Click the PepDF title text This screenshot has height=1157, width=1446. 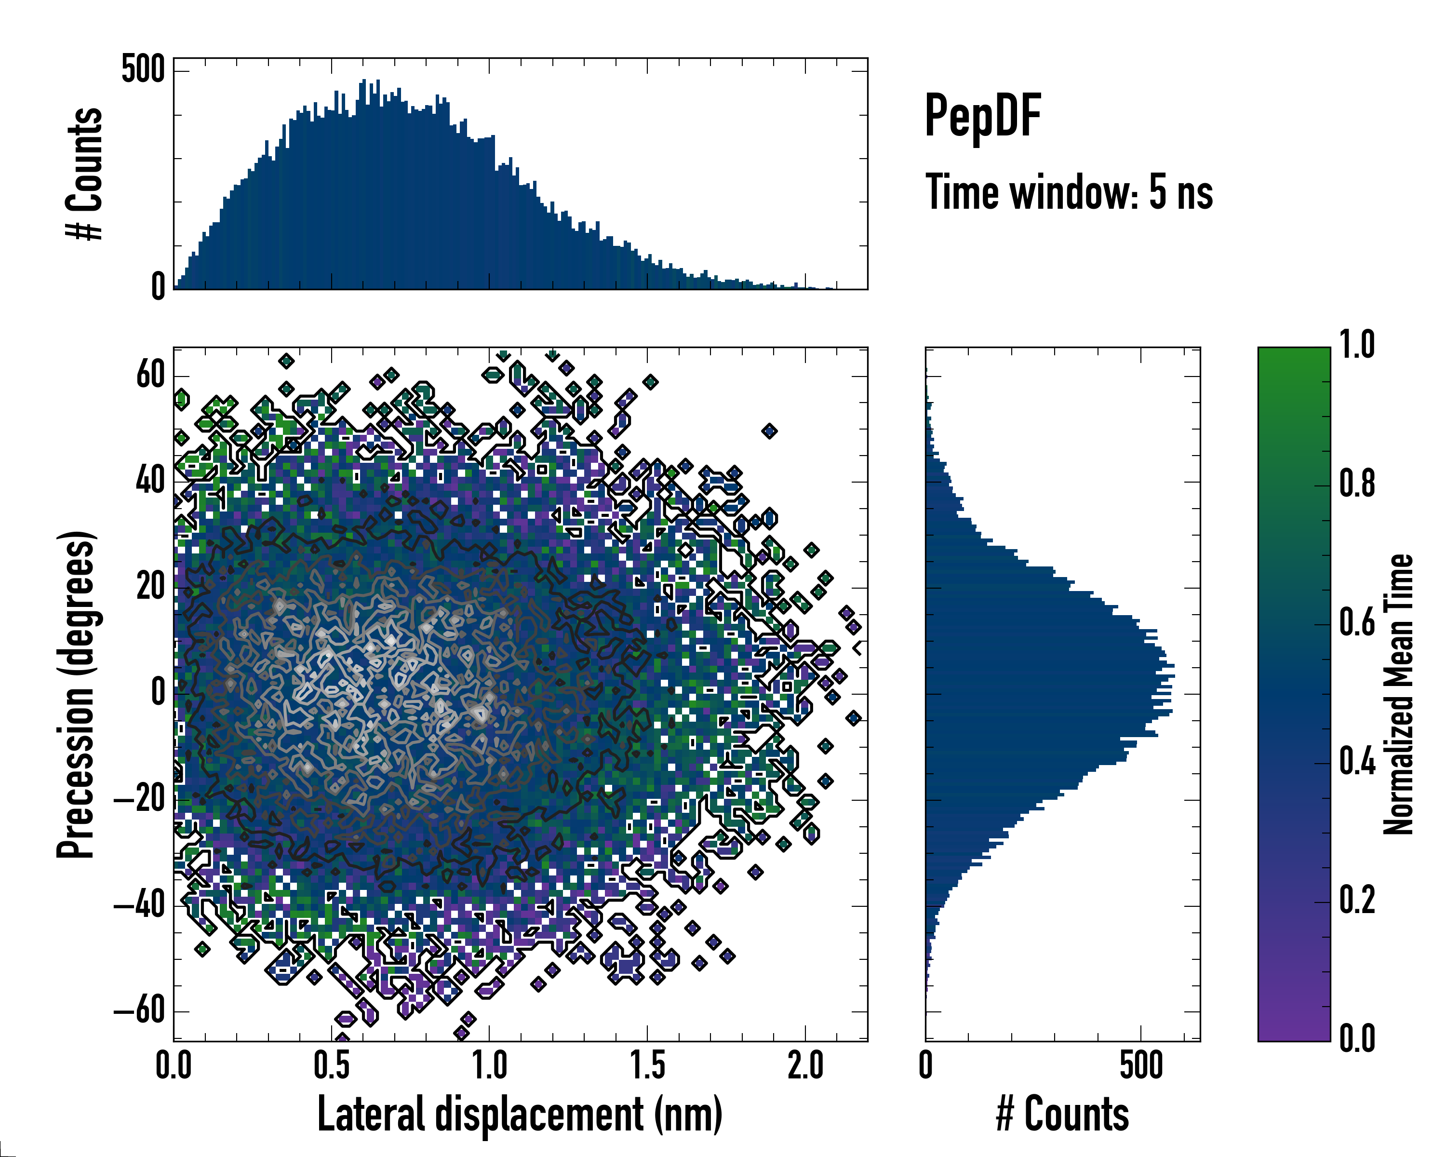click(982, 117)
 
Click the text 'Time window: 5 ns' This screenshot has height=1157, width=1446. click(1069, 192)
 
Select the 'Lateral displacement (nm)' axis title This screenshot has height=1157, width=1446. click(520, 1114)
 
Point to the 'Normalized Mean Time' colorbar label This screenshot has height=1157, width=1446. click(1398, 694)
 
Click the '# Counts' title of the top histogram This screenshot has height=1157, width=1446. click(84, 174)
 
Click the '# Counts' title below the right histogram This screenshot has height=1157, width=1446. click(1062, 1114)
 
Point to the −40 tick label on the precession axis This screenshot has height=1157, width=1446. click(139, 905)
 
